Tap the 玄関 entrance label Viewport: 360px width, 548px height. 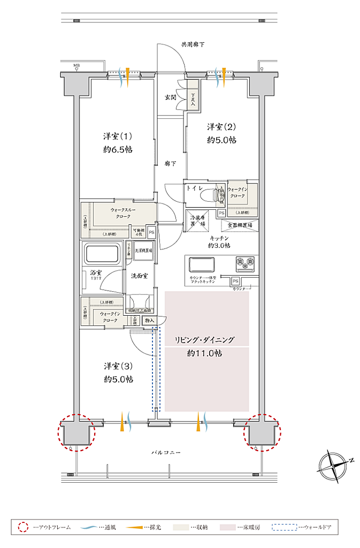pos(171,97)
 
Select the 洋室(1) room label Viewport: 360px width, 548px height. pos(118,135)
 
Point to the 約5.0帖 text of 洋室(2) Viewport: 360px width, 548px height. pos(222,140)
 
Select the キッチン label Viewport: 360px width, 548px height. pos(219,238)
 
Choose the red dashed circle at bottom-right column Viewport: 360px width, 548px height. pos(262,432)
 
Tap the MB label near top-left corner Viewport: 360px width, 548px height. pos(77,66)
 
